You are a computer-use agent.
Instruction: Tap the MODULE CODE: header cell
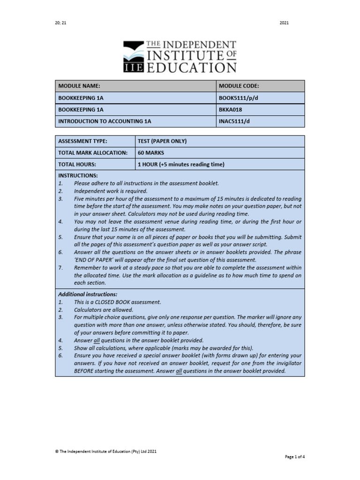(x=239, y=86)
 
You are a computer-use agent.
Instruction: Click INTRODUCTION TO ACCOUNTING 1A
(x=105, y=121)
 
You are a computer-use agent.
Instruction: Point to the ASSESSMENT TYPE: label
(x=82, y=141)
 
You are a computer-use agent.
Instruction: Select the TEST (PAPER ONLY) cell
(x=163, y=141)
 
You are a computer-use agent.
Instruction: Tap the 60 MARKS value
(x=150, y=153)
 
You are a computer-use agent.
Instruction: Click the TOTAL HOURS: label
(x=77, y=165)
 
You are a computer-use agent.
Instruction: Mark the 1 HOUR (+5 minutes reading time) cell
(x=181, y=165)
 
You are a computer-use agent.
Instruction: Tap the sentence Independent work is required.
(x=111, y=191)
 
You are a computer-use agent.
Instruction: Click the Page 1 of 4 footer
(x=294, y=456)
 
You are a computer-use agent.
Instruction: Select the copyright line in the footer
(x=106, y=451)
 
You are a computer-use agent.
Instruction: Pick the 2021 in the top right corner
(x=284, y=22)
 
